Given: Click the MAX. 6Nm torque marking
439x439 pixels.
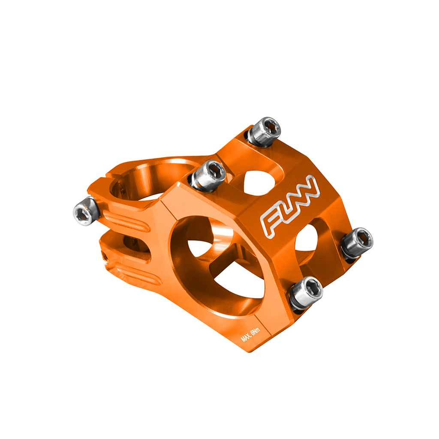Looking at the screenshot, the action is [x=250, y=335].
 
